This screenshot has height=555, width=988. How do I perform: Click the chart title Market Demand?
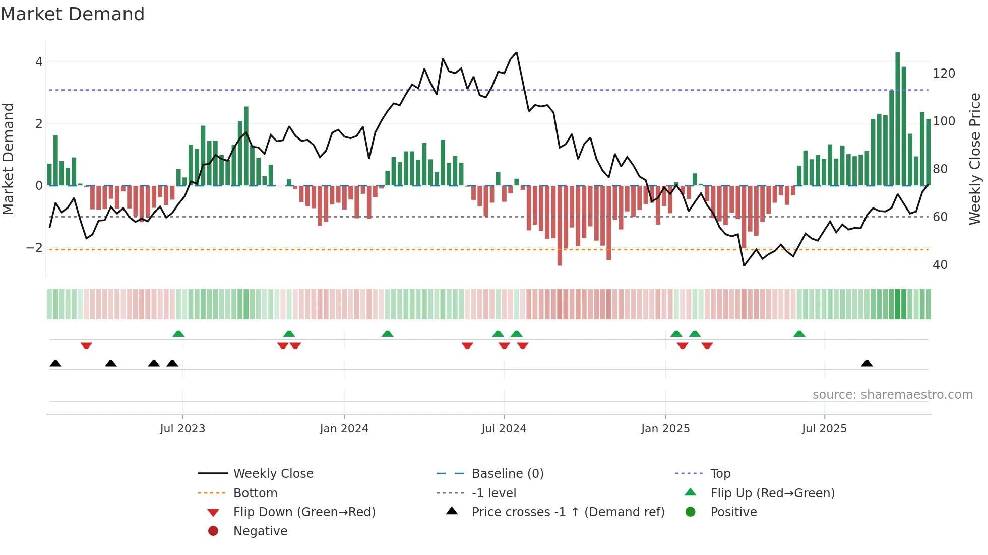pos(73,14)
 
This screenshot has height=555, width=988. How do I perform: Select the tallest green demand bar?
pos(897,119)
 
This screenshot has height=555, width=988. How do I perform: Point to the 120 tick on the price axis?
pos(944,74)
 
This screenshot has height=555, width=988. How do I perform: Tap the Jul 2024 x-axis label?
pos(504,429)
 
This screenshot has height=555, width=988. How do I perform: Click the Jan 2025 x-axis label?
pos(665,429)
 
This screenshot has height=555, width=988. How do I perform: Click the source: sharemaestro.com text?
pos(892,395)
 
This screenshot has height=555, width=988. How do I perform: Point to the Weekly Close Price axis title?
pos(975,159)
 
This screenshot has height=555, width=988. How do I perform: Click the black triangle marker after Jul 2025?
pos(867,364)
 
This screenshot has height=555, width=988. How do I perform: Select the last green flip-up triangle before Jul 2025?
pos(799,334)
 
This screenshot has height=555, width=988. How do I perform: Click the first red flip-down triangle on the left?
pos(86,345)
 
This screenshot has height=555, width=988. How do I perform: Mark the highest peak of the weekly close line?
pos(516,53)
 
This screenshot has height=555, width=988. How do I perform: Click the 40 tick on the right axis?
pos(940,265)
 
